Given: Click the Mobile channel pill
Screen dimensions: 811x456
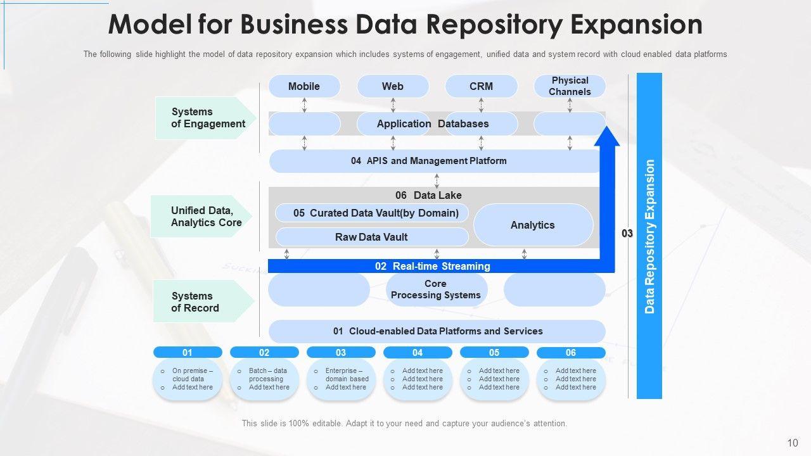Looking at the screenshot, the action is pos(304,86).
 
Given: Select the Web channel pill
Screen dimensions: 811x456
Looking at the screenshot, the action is pos(393,86).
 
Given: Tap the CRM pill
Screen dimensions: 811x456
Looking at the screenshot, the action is pos(481,86).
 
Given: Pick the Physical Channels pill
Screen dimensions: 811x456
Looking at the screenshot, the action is pos(570,86).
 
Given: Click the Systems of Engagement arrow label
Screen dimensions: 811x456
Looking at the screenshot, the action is pos(206,118).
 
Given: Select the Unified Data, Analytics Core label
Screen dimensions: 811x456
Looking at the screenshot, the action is pos(201,217).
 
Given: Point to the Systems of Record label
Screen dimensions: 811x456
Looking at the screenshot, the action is pos(203,301).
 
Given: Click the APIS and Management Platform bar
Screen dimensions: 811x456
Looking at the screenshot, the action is pos(435,161).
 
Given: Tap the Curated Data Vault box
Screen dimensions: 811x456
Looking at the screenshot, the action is pos(372,213).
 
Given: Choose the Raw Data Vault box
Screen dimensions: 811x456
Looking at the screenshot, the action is pos(372,237).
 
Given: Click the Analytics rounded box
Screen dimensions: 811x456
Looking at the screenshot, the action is pos(533,225).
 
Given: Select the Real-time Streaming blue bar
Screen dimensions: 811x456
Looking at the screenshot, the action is pos(434,266).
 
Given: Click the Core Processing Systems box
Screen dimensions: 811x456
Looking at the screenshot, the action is pos(437,289).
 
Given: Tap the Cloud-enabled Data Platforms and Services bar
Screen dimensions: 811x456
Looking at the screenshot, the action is pos(437,331).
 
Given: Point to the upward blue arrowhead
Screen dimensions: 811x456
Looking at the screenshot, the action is pos(607,136).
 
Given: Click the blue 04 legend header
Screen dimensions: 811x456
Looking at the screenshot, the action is pos(418,353).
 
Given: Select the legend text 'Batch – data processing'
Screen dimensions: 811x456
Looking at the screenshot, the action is pos(268,374).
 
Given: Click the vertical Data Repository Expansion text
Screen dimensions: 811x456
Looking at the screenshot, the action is pos(649,236).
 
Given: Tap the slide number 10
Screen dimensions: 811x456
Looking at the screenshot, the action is pos(793,443).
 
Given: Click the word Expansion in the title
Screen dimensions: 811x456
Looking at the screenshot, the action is pos(636,25).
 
